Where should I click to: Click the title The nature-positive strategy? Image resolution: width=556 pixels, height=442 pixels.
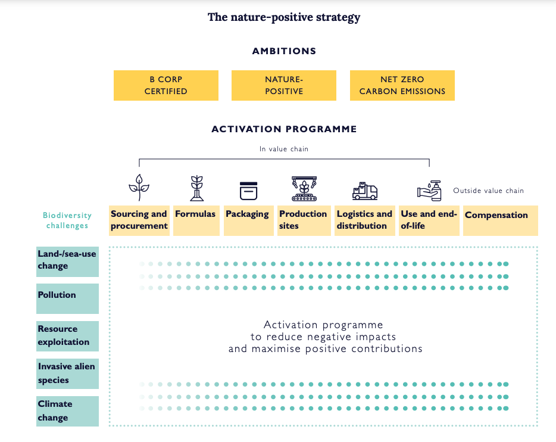(284, 17)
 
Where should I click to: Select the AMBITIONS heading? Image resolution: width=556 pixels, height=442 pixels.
(284, 51)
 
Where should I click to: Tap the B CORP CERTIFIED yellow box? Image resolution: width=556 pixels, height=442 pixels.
(165, 85)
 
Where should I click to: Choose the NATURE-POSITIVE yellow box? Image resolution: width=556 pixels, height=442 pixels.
(283, 85)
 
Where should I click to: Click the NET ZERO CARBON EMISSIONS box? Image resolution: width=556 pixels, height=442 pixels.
(402, 85)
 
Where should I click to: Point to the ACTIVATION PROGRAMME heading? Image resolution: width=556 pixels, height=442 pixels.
(284, 129)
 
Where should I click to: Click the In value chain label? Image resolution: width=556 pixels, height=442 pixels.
(284, 149)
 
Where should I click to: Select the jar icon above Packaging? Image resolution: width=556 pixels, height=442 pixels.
(248, 190)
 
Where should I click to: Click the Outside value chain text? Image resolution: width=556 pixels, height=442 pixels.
(488, 191)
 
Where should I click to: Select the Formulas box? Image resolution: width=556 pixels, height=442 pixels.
(195, 220)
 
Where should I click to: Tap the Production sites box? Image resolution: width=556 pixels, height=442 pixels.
(303, 220)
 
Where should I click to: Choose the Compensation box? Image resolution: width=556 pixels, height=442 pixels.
(500, 220)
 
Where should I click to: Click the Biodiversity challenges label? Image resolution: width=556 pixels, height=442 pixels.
(67, 220)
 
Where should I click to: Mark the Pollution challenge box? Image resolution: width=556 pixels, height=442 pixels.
(67, 298)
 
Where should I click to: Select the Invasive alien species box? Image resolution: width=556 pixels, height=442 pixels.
(67, 373)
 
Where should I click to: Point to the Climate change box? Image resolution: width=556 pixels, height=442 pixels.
(67, 410)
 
